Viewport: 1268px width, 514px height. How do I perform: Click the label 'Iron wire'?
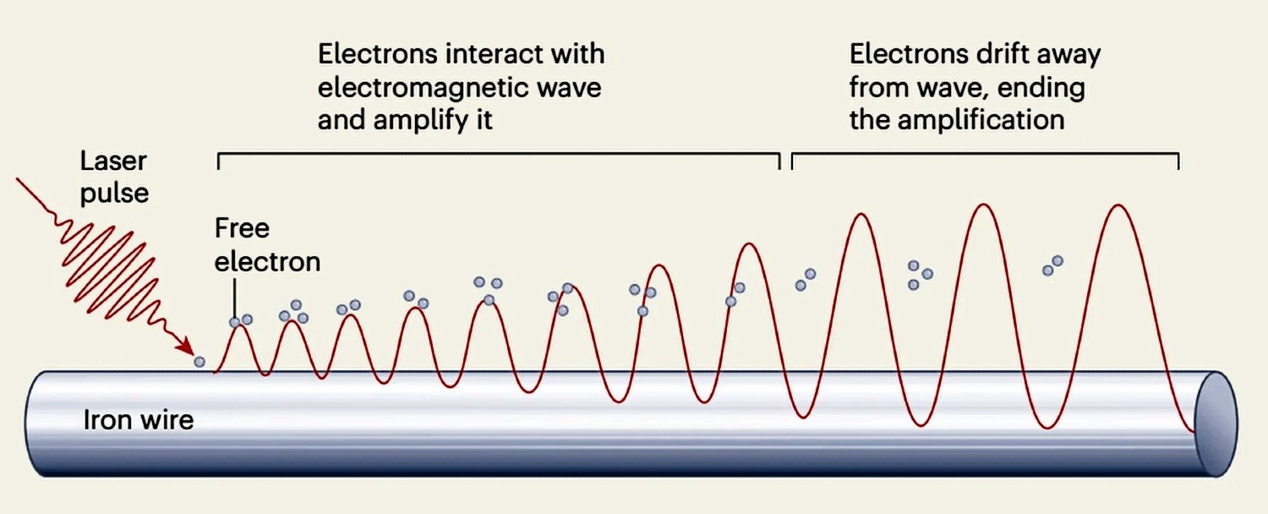(x=139, y=420)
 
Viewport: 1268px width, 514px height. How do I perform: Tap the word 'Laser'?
(x=113, y=161)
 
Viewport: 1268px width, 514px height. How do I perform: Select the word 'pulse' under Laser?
(x=114, y=194)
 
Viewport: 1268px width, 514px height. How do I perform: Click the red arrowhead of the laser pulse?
(x=185, y=345)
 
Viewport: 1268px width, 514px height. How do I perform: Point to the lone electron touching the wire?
(x=199, y=362)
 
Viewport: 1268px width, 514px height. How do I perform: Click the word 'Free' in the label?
(x=243, y=228)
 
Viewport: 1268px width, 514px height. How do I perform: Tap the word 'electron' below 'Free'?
(x=268, y=262)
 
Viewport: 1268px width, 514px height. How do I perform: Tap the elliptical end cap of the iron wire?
(x=1216, y=424)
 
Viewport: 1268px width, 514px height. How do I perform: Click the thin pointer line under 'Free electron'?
(x=234, y=298)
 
